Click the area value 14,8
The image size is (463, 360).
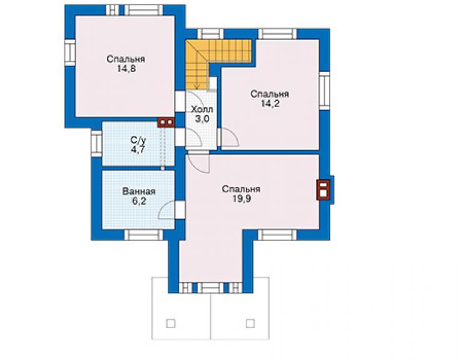[126, 69]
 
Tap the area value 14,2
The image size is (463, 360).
[270, 104]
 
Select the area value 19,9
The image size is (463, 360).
[242, 199]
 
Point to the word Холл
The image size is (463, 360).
[202, 110]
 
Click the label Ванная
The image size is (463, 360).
[139, 192]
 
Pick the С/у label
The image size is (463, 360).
[138, 140]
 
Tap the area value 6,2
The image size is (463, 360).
[139, 201]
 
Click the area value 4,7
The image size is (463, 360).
[138, 149]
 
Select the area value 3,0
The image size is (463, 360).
[202, 119]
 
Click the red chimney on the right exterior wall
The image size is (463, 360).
[323, 190]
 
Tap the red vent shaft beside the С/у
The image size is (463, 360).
[166, 122]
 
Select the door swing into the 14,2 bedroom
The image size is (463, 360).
[230, 137]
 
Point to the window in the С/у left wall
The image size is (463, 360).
[96, 143]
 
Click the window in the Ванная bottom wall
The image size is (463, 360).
[143, 235]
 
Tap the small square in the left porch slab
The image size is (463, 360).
[171, 323]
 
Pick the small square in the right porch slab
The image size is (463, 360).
[250, 323]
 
